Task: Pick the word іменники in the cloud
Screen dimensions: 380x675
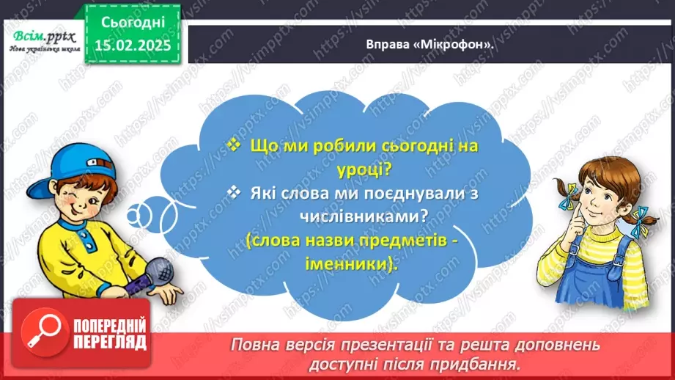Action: (x=351, y=265)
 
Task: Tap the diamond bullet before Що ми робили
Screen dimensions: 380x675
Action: (x=233, y=145)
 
